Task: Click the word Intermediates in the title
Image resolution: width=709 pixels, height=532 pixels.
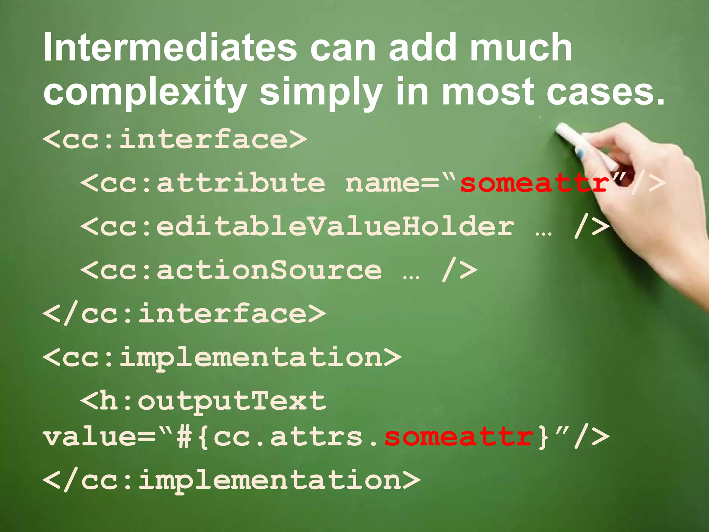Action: (x=170, y=47)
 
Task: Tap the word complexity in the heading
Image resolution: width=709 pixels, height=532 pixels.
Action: (x=145, y=92)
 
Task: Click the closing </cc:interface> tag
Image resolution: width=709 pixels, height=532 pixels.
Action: (x=184, y=314)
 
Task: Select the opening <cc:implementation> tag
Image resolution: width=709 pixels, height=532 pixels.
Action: (x=222, y=357)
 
